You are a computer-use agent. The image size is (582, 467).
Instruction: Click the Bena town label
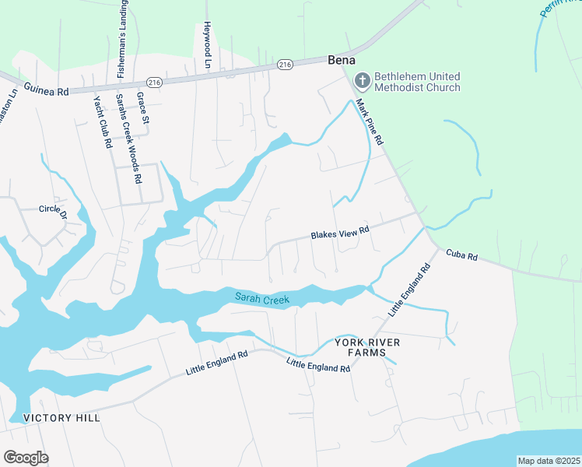pyautogui.click(x=341, y=60)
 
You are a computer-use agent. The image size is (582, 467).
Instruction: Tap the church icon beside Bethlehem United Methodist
pyautogui.click(x=362, y=79)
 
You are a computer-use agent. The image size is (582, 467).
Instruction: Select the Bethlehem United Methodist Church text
pyautogui.click(x=417, y=82)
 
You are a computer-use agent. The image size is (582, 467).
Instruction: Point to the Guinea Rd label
pyautogui.click(x=46, y=90)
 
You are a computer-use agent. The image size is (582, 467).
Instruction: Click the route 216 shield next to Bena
pyautogui.click(x=284, y=65)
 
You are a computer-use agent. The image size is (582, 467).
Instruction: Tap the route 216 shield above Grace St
pyautogui.click(x=153, y=82)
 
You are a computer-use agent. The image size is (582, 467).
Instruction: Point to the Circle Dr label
pyautogui.click(x=54, y=209)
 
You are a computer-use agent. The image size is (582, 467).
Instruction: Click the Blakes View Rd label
pyautogui.click(x=339, y=232)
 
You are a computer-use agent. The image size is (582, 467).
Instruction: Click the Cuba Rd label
pyautogui.click(x=461, y=255)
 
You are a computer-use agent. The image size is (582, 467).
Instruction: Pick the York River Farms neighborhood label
pyautogui.click(x=359, y=347)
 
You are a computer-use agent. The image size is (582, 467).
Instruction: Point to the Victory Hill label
pyautogui.click(x=61, y=418)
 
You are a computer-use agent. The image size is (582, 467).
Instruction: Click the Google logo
pyautogui.click(x=26, y=458)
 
